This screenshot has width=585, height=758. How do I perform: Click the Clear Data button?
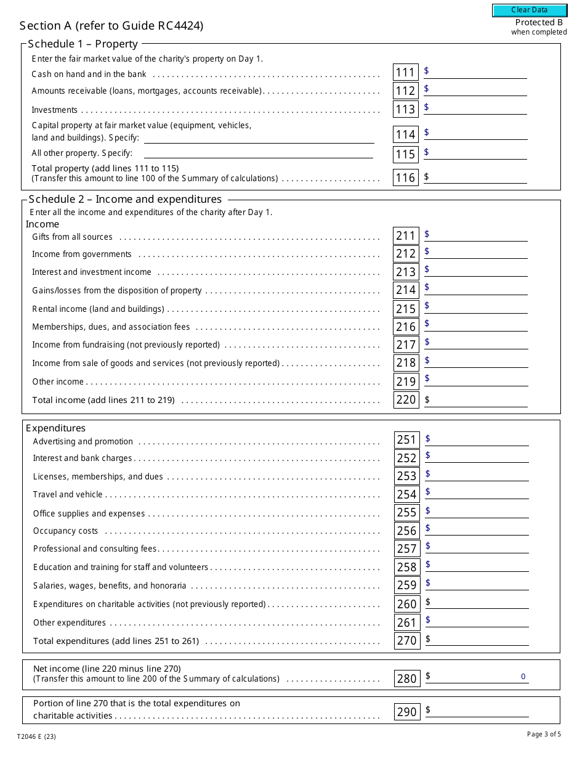529,10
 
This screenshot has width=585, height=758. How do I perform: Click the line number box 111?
405,73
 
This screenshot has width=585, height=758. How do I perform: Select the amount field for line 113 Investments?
478,108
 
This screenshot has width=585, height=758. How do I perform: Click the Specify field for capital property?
259,137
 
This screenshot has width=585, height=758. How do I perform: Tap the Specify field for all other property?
258,153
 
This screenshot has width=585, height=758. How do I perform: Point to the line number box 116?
405,177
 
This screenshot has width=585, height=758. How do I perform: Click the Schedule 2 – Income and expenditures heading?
125,199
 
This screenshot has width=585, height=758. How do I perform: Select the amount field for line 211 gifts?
478,235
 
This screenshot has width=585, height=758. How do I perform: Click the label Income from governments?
82,254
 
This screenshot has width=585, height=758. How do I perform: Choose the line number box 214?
406,290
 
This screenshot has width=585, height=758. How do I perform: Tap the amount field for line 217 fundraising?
478,343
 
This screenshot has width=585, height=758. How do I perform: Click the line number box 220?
406,399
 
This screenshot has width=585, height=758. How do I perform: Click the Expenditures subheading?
55,428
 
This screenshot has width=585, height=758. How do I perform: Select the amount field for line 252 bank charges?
479,457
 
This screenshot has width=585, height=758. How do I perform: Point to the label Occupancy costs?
65,531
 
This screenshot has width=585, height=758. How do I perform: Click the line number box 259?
406,585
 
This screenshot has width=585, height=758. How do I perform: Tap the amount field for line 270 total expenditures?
479,640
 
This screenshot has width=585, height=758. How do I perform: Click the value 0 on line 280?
523,677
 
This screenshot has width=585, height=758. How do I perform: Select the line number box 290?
406,712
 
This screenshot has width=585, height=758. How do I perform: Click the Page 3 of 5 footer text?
544,734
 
